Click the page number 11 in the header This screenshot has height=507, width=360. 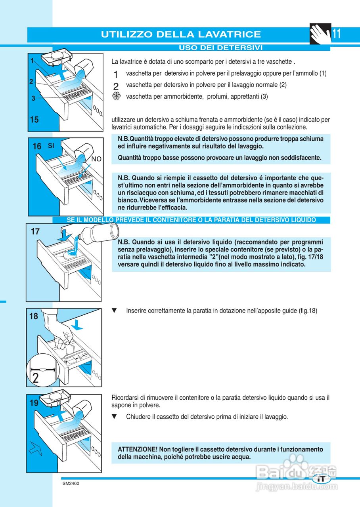click(x=336, y=34)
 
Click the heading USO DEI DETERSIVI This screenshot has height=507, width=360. click(x=221, y=48)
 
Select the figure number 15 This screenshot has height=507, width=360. click(x=34, y=119)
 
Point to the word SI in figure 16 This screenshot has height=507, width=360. click(x=51, y=146)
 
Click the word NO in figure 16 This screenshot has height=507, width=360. click(x=96, y=159)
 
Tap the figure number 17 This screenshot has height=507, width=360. click(x=35, y=232)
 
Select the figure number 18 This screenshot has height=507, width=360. click(x=34, y=316)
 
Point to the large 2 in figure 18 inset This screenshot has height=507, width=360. click(x=36, y=377)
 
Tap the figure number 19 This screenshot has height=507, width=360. click(x=34, y=403)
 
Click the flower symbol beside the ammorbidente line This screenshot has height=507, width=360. click(x=116, y=96)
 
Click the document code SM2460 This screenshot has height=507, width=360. click(x=71, y=484)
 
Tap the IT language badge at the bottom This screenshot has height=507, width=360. click(x=322, y=478)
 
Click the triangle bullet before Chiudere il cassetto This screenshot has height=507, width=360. click(x=115, y=417)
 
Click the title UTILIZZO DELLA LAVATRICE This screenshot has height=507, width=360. click(x=181, y=34)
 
